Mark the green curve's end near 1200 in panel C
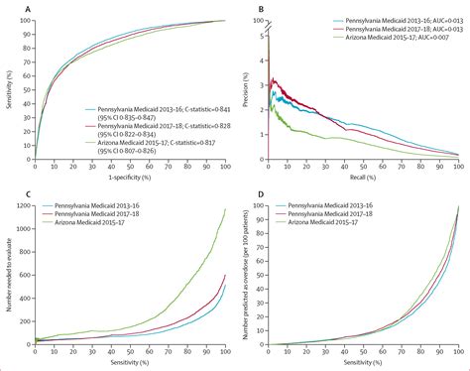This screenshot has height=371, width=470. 225,209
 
